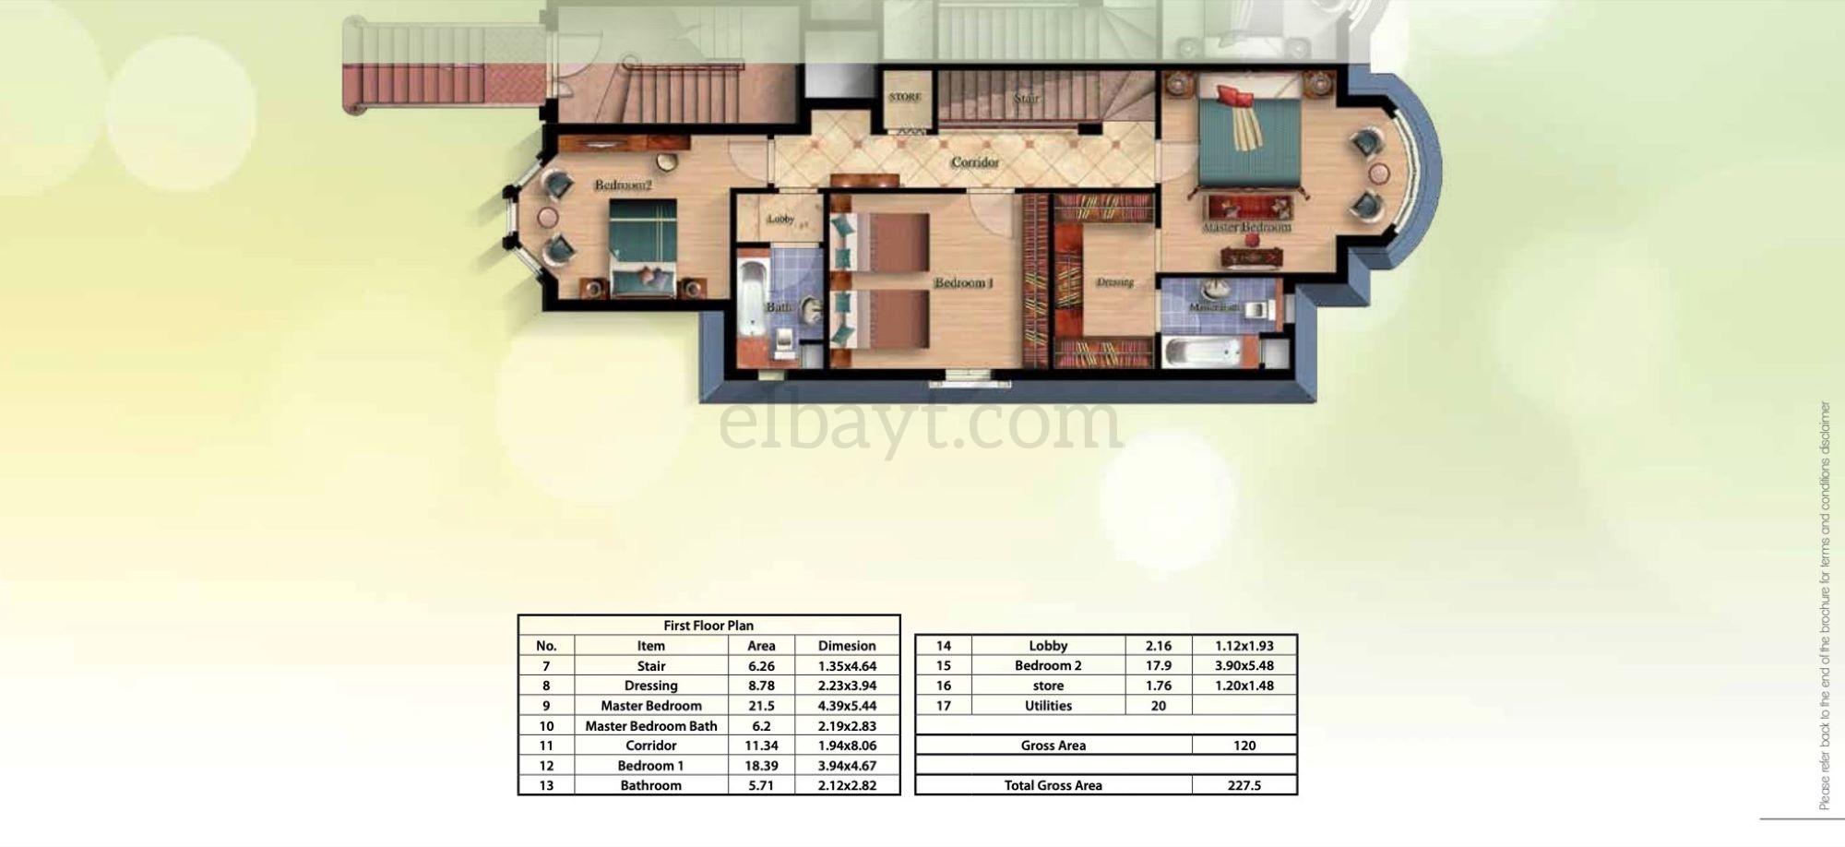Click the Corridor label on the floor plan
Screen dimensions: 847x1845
coord(974,162)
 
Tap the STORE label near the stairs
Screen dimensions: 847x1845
coord(905,97)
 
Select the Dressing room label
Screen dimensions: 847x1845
coord(1114,282)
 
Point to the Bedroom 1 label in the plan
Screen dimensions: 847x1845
coord(963,282)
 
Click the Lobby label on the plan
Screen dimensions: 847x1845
coord(780,219)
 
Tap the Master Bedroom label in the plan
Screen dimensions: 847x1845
coord(1246,227)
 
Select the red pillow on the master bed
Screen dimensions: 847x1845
coord(1233,96)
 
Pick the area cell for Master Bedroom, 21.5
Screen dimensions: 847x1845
coord(761,706)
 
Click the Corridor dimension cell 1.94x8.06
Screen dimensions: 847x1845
coord(846,746)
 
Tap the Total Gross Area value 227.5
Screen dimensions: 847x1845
coord(1244,786)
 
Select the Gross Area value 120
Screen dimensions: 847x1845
coord(1244,746)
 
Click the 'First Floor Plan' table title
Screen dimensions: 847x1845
coord(708,626)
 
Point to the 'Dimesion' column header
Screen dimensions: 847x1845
coord(846,646)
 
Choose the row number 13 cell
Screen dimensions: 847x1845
coord(546,786)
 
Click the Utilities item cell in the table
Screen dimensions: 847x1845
coord(1048,706)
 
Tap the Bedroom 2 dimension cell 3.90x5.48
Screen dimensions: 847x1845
coord(1244,666)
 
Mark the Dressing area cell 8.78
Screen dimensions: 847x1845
coord(761,686)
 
